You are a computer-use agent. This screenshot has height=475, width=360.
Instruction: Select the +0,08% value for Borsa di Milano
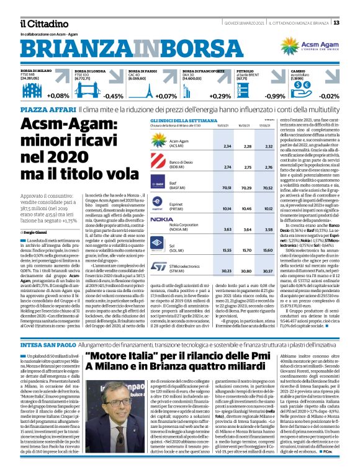click(58, 95)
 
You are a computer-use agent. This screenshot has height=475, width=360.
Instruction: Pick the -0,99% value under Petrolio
click(272, 95)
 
